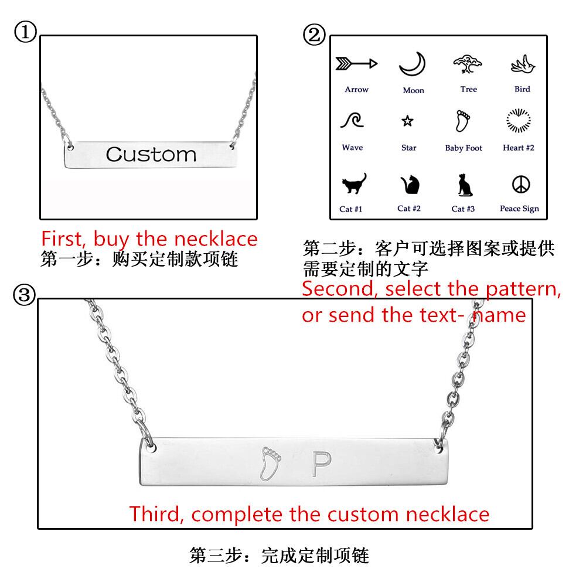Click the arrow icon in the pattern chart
(x=356, y=64)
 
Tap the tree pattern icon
(x=467, y=64)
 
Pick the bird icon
(x=523, y=64)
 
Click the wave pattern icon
(x=352, y=120)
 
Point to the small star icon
(x=407, y=121)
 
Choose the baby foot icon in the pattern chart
(x=463, y=120)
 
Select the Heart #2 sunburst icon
(x=519, y=120)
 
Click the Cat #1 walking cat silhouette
(x=354, y=183)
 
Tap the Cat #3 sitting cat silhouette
(x=464, y=185)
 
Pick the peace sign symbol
(x=521, y=184)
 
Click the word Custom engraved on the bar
(x=151, y=154)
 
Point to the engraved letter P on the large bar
(x=321, y=464)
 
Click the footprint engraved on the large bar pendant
(x=270, y=464)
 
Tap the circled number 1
(x=25, y=32)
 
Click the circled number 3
(x=24, y=295)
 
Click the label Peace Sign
(x=519, y=209)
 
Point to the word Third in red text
(x=156, y=514)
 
